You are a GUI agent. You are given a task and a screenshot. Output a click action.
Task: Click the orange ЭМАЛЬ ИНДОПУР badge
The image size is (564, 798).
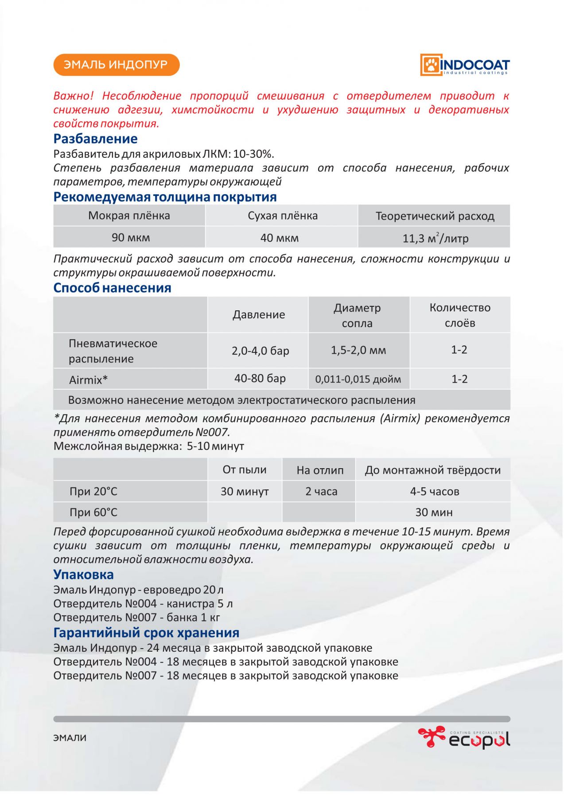point(116,65)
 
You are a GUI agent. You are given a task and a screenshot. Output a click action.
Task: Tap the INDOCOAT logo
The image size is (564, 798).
point(465,65)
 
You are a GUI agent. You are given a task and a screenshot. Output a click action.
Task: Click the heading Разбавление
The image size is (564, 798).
point(95,139)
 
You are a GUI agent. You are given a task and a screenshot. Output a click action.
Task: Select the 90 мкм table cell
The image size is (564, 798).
point(130,238)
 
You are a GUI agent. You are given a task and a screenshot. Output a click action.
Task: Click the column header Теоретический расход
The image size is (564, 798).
point(435,216)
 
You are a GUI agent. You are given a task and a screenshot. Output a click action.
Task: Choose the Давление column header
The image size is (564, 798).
point(259,315)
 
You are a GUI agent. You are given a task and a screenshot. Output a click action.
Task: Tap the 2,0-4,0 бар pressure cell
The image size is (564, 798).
point(260,351)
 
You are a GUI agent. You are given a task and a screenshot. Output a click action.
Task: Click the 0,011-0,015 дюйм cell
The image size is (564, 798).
point(358,379)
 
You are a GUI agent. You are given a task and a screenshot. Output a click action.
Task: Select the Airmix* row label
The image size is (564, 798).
point(88,380)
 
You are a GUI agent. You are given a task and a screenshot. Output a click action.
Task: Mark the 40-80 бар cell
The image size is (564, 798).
point(260,379)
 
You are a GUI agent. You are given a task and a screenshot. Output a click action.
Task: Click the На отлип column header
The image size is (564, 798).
point(320,470)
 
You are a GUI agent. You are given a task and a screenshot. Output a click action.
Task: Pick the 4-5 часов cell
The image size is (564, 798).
point(434,492)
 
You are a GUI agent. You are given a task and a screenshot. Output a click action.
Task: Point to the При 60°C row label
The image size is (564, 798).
point(93,512)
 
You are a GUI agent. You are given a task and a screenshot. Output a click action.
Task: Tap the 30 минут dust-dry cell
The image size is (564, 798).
point(245,492)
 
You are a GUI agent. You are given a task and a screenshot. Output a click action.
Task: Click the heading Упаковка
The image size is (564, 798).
point(83,575)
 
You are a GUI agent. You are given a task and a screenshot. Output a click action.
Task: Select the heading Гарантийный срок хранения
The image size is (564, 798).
point(146,633)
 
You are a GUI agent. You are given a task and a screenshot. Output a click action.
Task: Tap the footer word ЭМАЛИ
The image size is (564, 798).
point(70,738)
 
